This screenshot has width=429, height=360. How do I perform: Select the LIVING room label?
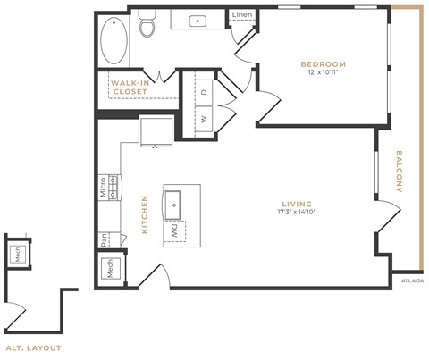tap(296, 204)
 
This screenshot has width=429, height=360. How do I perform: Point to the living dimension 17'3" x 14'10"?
tap(296, 213)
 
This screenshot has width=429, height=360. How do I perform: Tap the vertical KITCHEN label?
tap(145, 215)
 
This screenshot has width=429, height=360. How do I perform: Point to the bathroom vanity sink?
tap(198, 21)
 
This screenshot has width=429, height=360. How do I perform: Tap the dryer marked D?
tap(203, 91)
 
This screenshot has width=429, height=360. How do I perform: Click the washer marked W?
tap(203, 118)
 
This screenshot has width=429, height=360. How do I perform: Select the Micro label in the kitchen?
tap(104, 187)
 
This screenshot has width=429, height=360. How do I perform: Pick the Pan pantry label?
tap(105, 239)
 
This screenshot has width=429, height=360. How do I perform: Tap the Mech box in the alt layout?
tap(18, 255)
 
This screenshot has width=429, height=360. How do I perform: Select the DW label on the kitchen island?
tap(172, 230)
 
